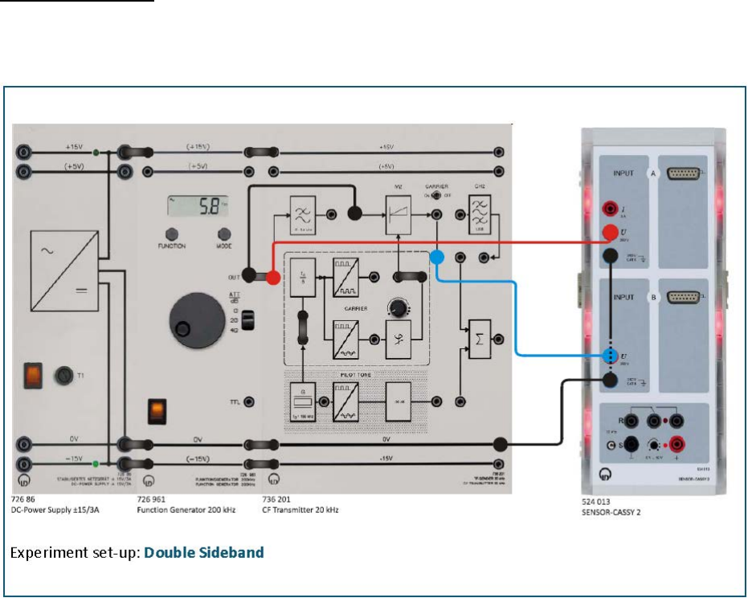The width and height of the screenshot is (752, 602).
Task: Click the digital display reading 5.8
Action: [198, 205]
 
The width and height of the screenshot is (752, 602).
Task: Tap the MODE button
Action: [224, 234]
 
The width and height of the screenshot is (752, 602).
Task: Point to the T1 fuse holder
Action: [63, 374]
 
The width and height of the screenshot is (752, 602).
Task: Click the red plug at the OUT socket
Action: [272, 277]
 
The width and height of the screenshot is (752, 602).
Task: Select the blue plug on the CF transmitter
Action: [437, 258]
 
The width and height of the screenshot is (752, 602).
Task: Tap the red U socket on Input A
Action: [611, 234]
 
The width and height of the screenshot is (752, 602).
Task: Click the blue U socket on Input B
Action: [611, 356]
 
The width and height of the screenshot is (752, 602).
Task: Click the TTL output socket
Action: [250, 401]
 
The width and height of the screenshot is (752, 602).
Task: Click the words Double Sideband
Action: [204, 553]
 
